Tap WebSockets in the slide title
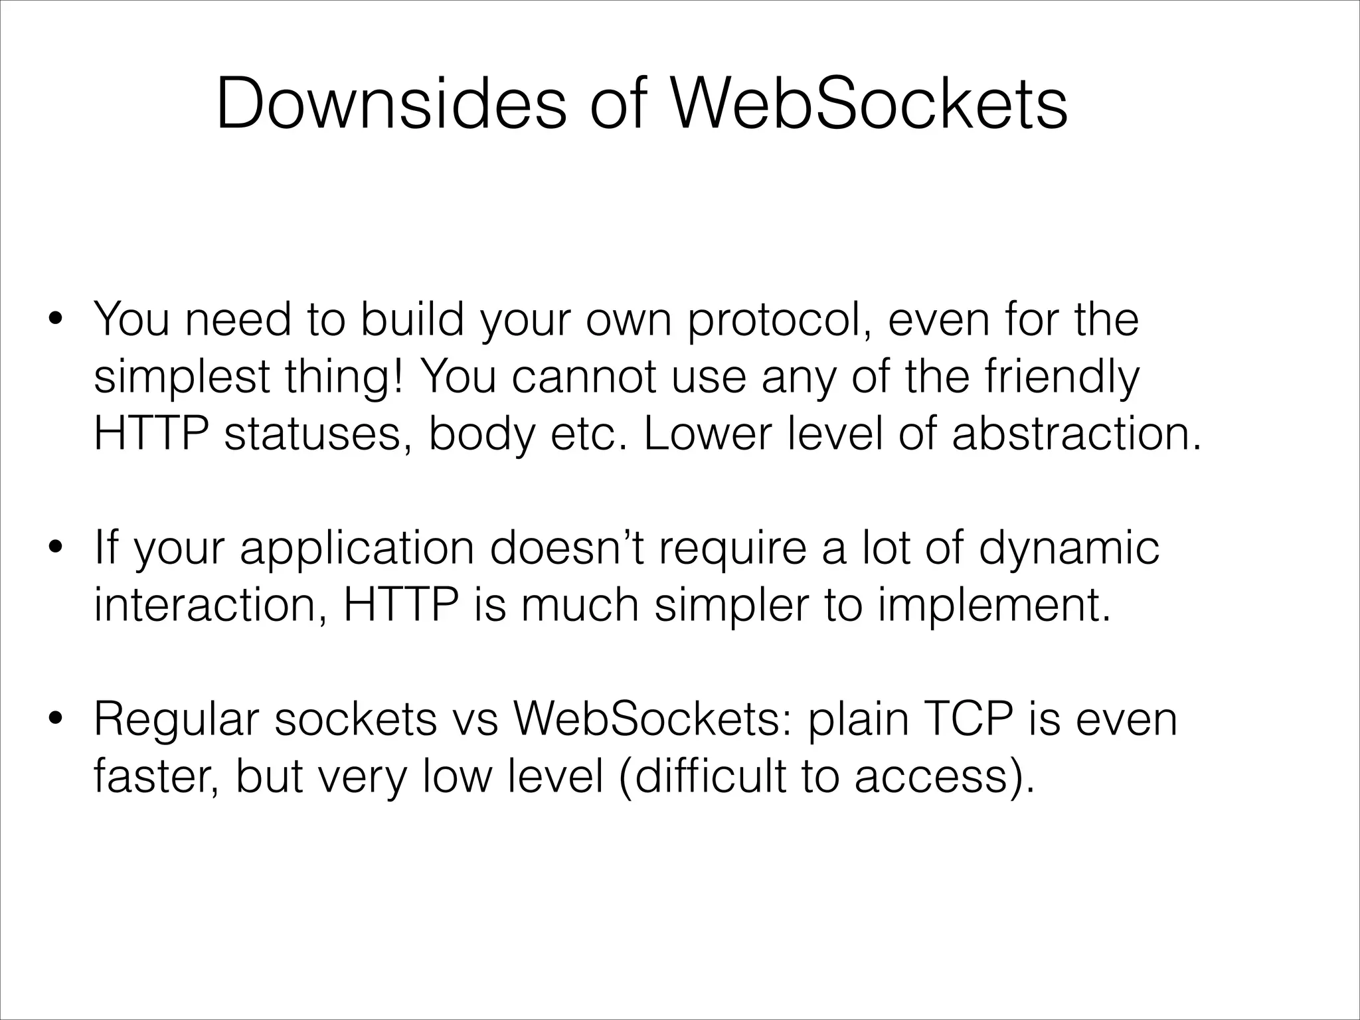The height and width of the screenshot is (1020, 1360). click(869, 105)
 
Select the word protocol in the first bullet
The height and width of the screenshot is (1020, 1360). click(778, 321)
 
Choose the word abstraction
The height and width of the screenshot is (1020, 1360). click(1076, 435)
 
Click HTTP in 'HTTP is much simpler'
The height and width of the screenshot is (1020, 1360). click(400, 606)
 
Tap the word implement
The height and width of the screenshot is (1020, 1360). click(993, 606)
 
